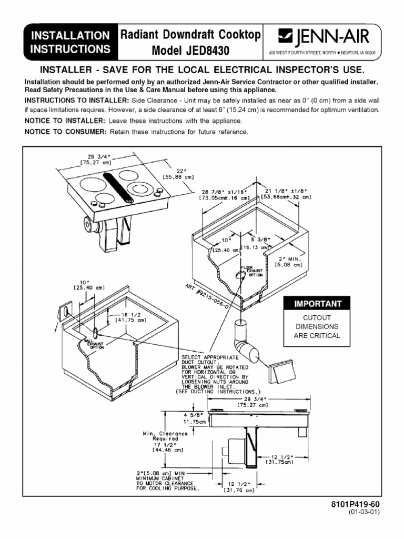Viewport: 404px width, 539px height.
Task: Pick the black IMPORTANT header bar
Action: point(313,304)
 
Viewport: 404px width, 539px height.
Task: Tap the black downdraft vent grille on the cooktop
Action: point(120,188)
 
